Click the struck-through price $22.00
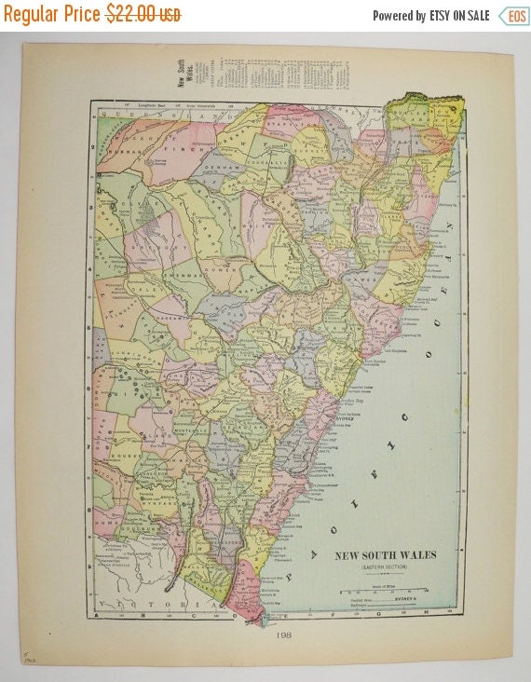(x=143, y=14)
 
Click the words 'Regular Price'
(x=52, y=14)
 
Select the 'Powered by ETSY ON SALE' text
(x=430, y=16)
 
